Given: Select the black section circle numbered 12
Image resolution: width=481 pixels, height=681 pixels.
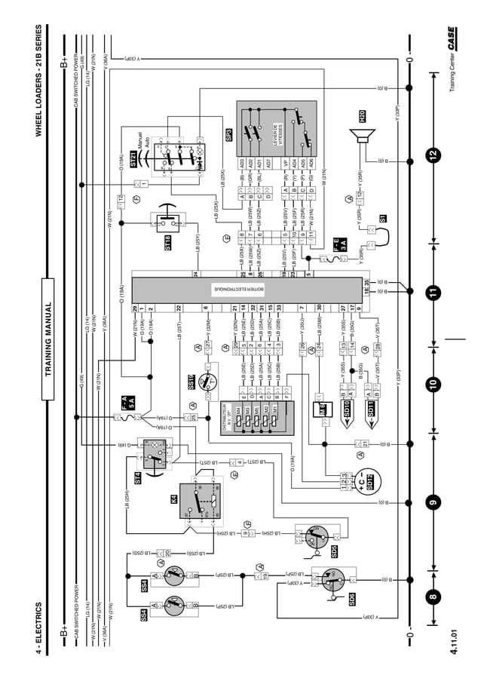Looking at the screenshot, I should pos(432,155).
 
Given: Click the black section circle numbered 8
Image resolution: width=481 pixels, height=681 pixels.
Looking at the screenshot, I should pos(432,599).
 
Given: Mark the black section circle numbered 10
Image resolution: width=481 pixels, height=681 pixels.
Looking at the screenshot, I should pos(432,385).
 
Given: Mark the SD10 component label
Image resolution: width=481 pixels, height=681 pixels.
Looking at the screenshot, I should pos(348,409).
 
